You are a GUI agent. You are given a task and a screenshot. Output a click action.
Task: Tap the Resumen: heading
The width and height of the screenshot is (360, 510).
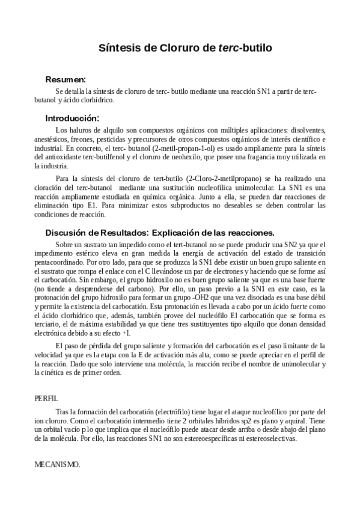point(66,79)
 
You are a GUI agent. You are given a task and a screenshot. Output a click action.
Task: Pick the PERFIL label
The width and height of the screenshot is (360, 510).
point(46,398)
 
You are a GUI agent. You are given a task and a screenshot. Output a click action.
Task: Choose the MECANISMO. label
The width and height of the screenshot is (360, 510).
point(58,465)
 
